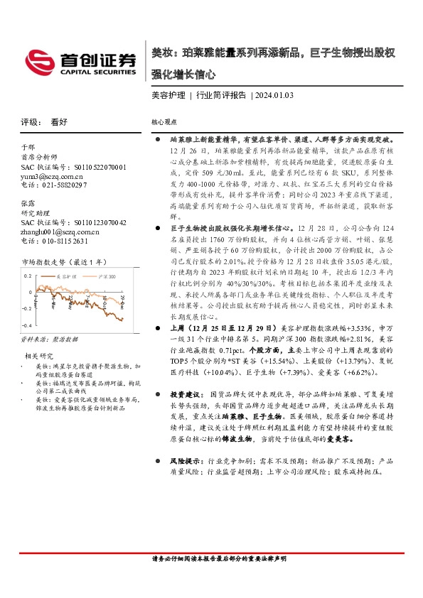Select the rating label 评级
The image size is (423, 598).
pos(29,121)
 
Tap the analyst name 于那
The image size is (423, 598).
pos(28,147)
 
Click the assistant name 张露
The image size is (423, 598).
pos(28,202)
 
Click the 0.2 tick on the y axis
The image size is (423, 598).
pos(28,275)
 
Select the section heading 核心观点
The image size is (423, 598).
pos(164,122)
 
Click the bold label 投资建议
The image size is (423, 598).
pos(183,393)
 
